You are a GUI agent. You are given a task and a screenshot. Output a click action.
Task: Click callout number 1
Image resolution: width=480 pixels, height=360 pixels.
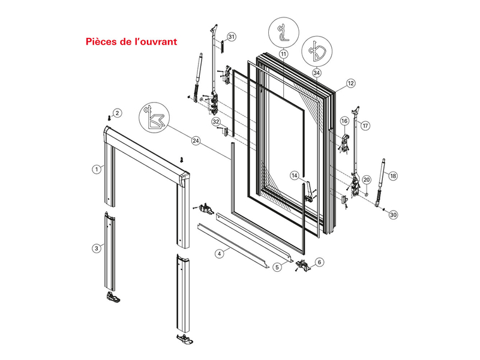pyautogui.click(x=95, y=170)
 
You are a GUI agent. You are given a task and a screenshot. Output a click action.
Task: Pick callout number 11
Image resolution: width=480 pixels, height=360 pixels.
pyautogui.click(x=283, y=53)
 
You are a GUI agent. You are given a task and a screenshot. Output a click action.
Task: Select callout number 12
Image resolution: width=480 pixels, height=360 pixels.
pyautogui.click(x=351, y=83)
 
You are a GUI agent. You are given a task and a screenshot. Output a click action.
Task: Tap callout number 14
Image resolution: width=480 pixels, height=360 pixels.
pyautogui.click(x=295, y=175)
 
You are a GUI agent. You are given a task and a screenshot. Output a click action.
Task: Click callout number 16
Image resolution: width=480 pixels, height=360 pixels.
pyautogui.click(x=344, y=121)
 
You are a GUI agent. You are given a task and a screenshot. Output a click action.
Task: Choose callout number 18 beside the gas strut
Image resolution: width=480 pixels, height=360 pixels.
pyautogui.click(x=393, y=176)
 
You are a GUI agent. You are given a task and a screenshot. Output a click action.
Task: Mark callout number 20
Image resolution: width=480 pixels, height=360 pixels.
pyautogui.click(x=367, y=179)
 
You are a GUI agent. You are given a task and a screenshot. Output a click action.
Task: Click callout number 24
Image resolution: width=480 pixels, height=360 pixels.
pyautogui.click(x=196, y=141)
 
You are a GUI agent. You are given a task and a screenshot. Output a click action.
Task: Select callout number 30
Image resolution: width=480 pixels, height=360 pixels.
pyautogui.click(x=393, y=214)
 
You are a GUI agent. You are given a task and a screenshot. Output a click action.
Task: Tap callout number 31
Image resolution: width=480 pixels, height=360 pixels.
pyautogui.click(x=232, y=37)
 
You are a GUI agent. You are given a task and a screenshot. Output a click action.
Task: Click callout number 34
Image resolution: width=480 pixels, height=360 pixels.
pyautogui.click(x=316, y=73)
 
